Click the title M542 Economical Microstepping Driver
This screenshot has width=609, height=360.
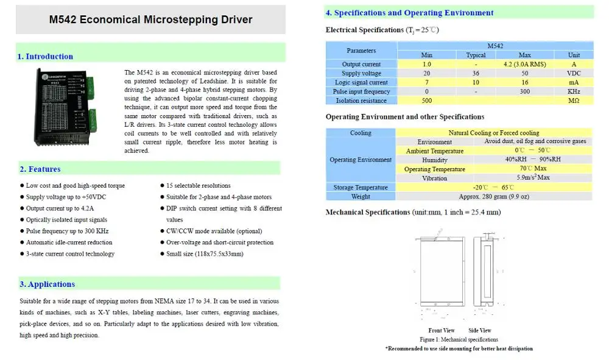coord(150,19)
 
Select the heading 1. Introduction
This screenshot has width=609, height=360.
coord(45,57)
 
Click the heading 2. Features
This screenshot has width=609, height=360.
coord(40,169)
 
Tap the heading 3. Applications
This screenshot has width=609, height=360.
coord(47,284)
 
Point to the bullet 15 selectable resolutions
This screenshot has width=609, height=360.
coord(199,186)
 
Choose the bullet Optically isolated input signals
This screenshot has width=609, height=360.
coord(66,220)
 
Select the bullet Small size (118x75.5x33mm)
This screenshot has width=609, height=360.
coord(205,254)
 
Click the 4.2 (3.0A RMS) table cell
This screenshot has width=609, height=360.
coord(524,64)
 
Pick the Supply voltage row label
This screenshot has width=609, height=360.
coord(361,73)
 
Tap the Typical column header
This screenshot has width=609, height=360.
coord(476,55)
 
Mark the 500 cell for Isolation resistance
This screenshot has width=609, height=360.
coord(427,101)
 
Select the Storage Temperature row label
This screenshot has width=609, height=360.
coord(361,188)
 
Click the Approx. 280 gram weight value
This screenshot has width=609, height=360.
coord(494,197)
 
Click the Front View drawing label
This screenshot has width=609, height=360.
coord(442,331)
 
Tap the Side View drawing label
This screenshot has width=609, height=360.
coord(480,331)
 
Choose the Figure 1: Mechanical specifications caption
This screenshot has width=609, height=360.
coord(459,339)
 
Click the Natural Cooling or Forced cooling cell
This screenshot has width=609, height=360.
coord(494,133)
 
